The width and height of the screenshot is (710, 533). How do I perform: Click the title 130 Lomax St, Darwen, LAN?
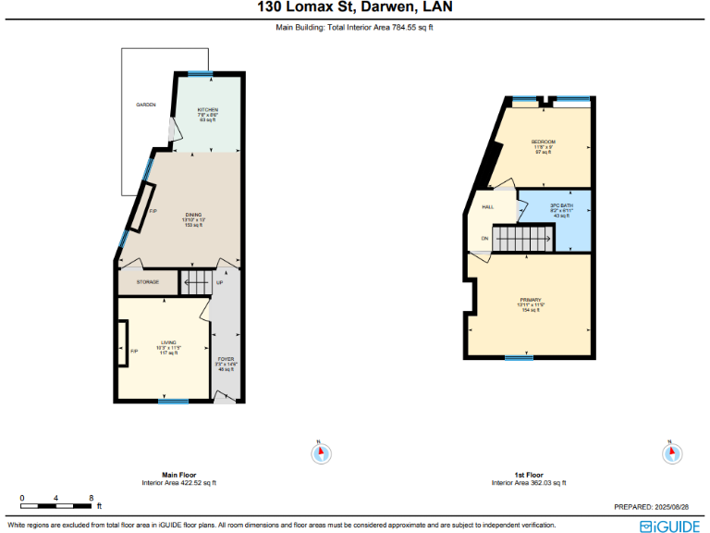(355, 8)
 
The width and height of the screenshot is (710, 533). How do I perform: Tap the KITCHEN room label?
(207, 110)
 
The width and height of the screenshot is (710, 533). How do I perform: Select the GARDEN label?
(145, 105)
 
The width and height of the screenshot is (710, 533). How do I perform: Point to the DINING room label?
(192, 214)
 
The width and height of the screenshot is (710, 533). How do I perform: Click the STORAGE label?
(148, 282)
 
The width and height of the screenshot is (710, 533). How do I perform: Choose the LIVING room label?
(168, 342)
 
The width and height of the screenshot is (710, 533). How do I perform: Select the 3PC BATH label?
(562, 205)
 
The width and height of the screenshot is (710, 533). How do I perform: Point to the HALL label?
(487, 207)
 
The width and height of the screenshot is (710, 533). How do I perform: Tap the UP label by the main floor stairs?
(220, 282)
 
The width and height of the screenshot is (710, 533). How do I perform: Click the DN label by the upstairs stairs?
(484, 239)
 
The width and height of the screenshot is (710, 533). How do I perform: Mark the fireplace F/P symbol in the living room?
(134, 351)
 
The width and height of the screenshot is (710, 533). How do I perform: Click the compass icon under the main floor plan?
(322, 453)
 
